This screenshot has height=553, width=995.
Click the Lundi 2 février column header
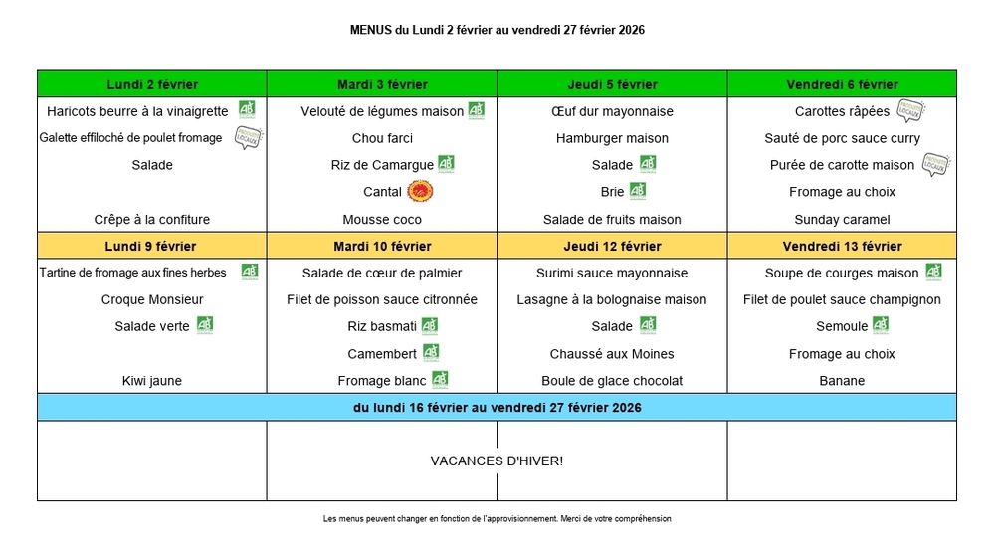pos(152,84)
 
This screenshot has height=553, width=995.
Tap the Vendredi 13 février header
pos(842,246)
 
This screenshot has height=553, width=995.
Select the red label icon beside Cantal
pos(420,191)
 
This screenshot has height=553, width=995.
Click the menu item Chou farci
pos(382,138)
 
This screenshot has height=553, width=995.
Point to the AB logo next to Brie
pos(638,190)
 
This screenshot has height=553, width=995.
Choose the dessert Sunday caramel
pos(842,220)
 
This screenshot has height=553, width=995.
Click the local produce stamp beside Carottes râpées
pos(910,110)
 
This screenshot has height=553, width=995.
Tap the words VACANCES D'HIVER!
pos(497,461)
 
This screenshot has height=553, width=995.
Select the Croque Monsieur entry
pos(152,299)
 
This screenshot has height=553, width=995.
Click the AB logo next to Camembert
pos(431,353)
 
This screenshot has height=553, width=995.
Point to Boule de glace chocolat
pos(612,381)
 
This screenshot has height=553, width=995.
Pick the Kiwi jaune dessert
pos(151,381)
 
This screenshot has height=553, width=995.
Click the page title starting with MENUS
pos(497,30)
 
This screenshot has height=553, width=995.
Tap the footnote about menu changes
pos(497,519)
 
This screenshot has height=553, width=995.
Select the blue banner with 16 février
pos(497,407)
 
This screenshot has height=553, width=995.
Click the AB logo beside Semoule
pos(881,325)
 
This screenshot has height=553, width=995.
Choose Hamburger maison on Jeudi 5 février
pos(612,138)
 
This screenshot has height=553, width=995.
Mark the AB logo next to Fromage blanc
pos(440,379)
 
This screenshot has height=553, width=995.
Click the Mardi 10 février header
pos(382,246)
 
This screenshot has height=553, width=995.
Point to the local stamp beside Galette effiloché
pos(248,137)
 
